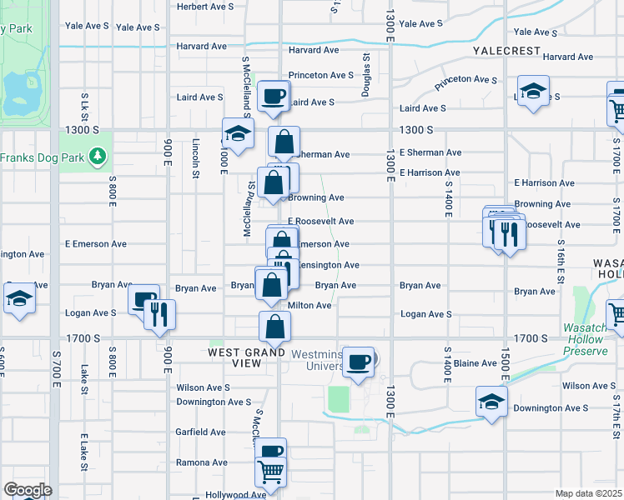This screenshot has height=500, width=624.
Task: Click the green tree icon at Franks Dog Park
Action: coord(98,156)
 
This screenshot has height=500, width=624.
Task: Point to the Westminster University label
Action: coord(317,360)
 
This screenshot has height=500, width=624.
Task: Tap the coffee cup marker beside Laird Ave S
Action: coord(273,97)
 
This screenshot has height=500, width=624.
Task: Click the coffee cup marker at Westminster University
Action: coord(359,362)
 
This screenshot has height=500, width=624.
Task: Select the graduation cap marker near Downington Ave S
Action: coord(491,401)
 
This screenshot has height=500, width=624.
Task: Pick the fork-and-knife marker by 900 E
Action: coord(158,314)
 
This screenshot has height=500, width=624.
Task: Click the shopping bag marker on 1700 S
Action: coord(274,327)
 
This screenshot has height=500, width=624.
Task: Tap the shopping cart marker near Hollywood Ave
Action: coord(271,471)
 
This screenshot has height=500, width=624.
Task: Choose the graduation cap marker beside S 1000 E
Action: coord(238,134)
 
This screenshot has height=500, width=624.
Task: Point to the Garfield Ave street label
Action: coord(201,432)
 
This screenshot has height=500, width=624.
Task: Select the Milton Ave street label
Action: coord(309,306)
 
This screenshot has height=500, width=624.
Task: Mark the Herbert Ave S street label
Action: coord(206,6)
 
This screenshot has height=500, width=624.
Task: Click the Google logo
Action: coord(27,490)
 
